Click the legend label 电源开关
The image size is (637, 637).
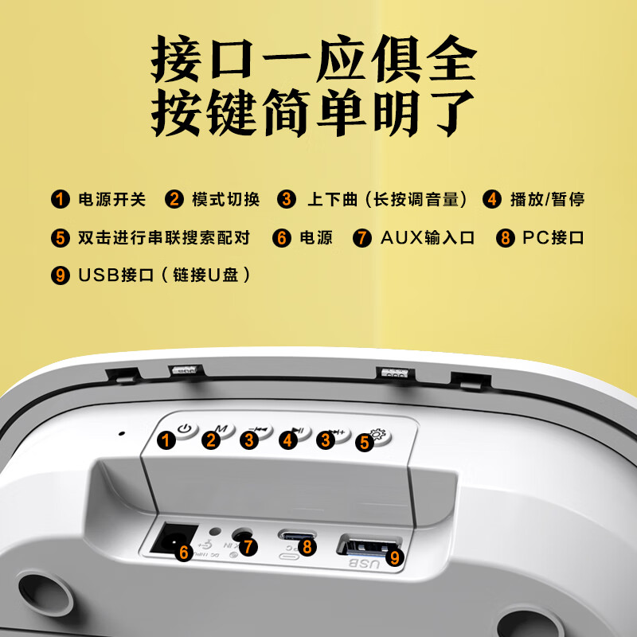(x=111, y=199)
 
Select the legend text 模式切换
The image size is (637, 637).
(x=226, y=199)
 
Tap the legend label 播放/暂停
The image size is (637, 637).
(x=547, y=199)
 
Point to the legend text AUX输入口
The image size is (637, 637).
(x=427, y=237)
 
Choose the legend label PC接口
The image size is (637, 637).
(x=553, y=237)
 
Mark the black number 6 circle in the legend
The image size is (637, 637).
(x=282, y=237)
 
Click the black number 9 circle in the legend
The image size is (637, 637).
(x=61, y=276)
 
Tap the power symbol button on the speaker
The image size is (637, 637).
(x=186, y=431)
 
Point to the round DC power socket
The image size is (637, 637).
(x=169, y=540)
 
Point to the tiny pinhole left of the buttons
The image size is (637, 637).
(x=122, y=434)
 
